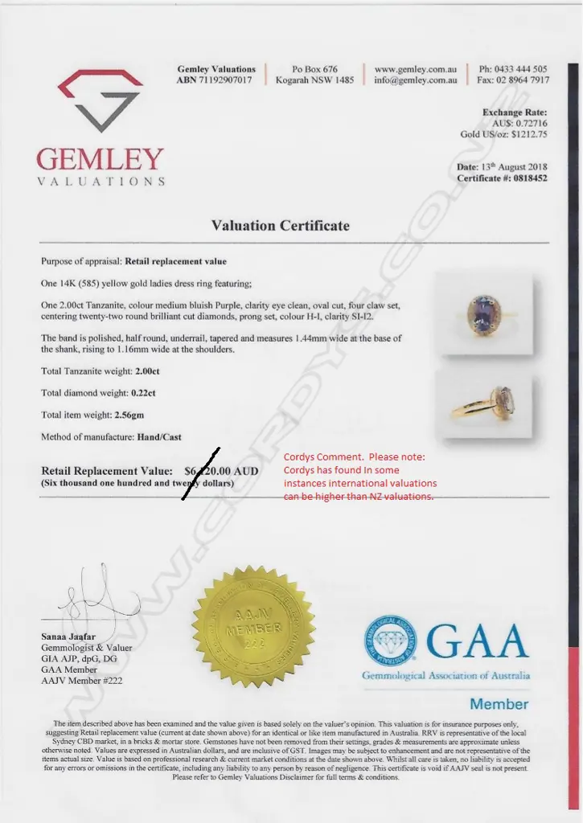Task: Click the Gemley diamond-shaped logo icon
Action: [x=101, y=100]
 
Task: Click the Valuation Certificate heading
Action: [x=281, y=226]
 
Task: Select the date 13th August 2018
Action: [x=514, y=166]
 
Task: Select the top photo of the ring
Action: [x=483, y=313]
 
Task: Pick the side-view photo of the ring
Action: [x=483, y=404]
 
